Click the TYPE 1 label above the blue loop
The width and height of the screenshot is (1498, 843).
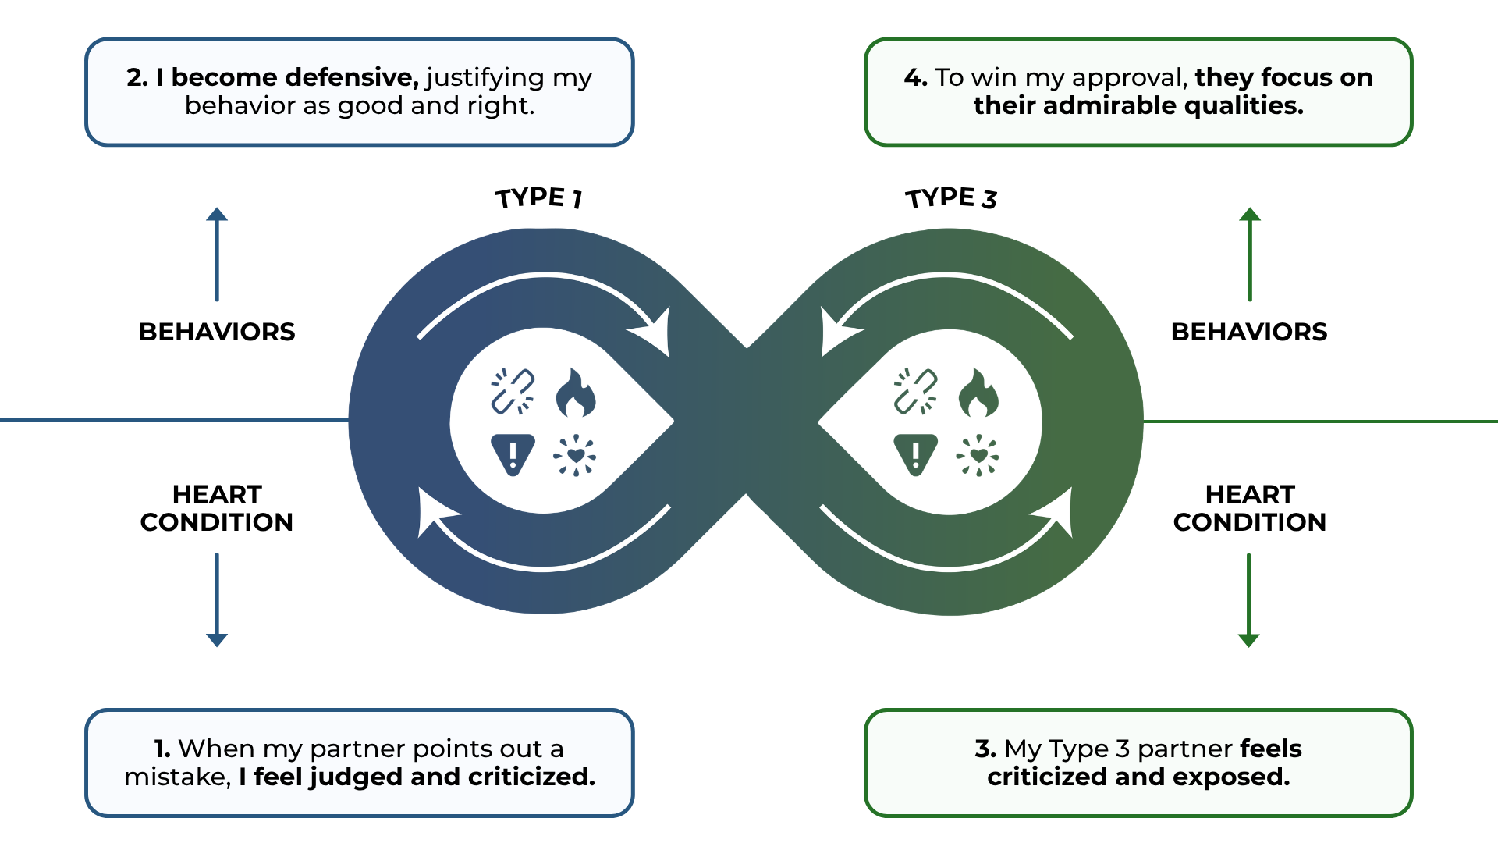click(539, 197)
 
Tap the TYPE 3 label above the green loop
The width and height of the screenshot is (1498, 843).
click(951, 197)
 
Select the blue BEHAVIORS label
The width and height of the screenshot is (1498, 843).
click(217, 332)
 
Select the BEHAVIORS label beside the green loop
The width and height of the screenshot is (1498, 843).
click(1249, 332)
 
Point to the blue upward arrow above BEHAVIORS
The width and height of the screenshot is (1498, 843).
click(217, 254)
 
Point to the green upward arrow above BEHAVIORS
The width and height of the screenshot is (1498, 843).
click(1250, 254)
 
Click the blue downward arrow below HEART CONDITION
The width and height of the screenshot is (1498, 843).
click(217, 599)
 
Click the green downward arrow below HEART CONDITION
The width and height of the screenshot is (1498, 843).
click(1249, 599)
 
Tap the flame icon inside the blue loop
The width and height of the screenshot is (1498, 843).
click(576, 393)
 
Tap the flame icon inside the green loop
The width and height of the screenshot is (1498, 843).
click(978, 393)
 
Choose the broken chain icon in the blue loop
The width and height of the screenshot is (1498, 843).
click(513, 391)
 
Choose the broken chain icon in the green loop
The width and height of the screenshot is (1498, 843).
click(915, 391)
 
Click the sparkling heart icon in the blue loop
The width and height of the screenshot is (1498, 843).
click(575, 455)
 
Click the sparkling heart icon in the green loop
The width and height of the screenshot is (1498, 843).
click(978, 455)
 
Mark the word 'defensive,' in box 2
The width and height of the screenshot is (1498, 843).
click(352, 77)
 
